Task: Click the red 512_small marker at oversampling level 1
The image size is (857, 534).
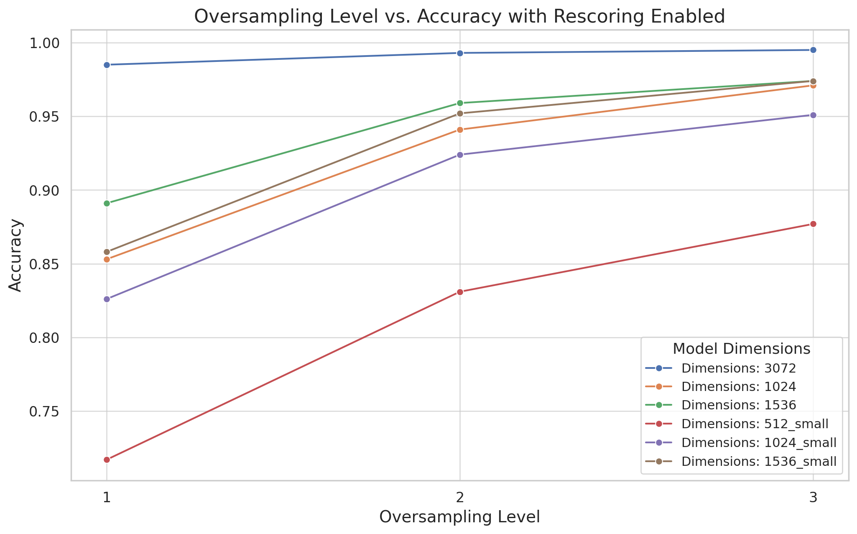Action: [x=107, y=460]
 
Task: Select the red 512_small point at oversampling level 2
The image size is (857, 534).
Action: [x=460, y=292]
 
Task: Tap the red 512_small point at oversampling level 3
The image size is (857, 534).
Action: [x=813, y=224]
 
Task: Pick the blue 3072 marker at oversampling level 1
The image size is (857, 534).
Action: [x=107, y=65]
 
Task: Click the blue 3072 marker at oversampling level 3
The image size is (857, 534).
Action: [x=813, y=50]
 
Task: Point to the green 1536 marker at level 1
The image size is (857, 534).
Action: [x=107, y=203]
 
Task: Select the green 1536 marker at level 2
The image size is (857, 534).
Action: [x=460, y=103]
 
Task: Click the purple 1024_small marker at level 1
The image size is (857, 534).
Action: [x=107, y=299]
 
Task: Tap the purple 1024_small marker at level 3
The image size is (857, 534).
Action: [x=813, y=115]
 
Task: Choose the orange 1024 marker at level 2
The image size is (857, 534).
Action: [x=460, y=130]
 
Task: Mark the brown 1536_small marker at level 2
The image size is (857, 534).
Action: [x=460, y=113]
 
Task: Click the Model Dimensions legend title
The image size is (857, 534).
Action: [x=742, y=349]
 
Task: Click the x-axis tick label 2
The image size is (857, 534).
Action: [x=460, y=498]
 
